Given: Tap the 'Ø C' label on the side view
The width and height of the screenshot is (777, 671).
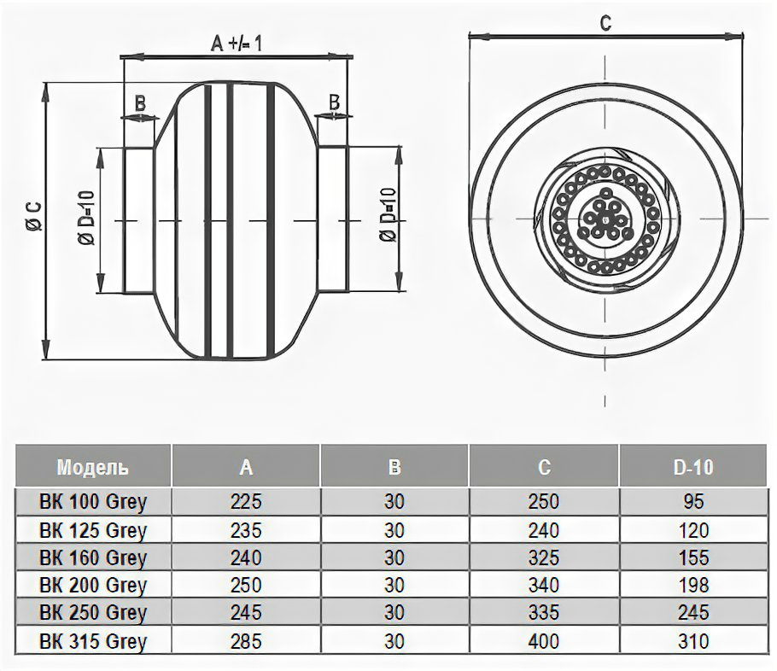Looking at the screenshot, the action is click(32, 219).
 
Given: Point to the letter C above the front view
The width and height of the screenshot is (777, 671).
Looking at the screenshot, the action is click(605, 24).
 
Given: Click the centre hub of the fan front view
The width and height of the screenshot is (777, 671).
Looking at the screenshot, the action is click(605, 220).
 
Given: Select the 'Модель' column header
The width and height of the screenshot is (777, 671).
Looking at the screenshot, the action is click(93, 467).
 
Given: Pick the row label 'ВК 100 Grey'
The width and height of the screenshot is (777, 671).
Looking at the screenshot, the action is click(93, 501).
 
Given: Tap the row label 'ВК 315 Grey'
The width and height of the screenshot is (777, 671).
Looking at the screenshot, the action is click(93, 641).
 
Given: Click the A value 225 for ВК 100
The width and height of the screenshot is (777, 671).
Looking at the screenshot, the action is click(246, 501).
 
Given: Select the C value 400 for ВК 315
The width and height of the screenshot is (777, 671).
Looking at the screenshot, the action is click(544, 641).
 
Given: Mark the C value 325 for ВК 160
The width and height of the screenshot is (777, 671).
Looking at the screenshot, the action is click(544, 557).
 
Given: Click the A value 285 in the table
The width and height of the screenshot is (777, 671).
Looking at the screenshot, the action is click(246, 641).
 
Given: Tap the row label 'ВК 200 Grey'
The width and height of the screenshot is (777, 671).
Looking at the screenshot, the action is click(93, 585).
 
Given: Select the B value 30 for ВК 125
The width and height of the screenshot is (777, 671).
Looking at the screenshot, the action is click(394, 530).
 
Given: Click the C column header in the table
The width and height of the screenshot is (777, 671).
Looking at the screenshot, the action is click(544, 467).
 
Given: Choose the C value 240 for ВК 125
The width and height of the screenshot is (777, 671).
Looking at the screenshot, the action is click(544, 530).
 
